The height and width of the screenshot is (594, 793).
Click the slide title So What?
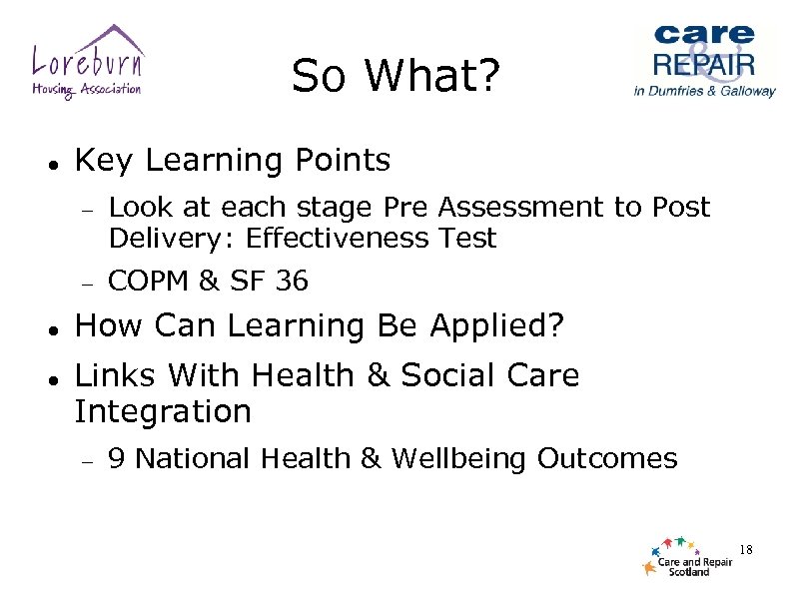coord(395,75)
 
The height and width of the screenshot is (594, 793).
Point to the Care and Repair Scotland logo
coord(687,556)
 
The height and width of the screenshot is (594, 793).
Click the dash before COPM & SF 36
coord(88,285)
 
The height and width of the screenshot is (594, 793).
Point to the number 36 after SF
coord(292,283)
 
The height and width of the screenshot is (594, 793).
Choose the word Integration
coord(163,410)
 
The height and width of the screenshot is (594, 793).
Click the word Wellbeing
coord(459,459)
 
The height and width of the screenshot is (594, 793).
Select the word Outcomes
coord(607,459)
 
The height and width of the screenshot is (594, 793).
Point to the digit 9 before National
coord(116,459)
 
